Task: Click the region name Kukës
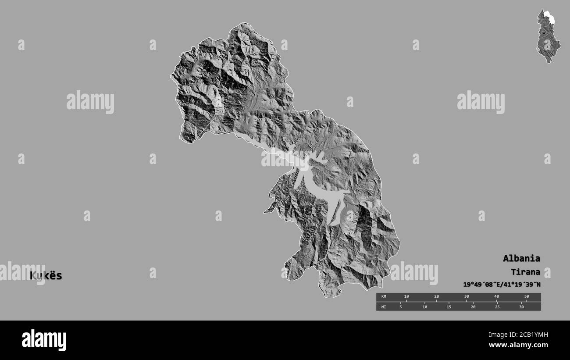tap(46, 276)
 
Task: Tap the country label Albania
tap(521, 258)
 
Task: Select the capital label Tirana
tap(525, 272)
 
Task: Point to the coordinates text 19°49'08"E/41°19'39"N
tap(502, 285)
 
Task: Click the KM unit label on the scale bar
tap(384, 296)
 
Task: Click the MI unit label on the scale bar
tap(384, 307)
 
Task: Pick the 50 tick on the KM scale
tap(527, 296)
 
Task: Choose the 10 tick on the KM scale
tap(406, 296)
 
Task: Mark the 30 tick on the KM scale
tap(467, 296)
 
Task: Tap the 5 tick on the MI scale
tap(400, 307)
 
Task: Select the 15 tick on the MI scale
tap(449, 307)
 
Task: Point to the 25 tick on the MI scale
tap(497, 307)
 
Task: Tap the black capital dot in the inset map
tap(544, 33)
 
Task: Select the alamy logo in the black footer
tap(44, 340)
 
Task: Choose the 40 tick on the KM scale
tap(496, 296)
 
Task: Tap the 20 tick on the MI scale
tap(473, 307)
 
